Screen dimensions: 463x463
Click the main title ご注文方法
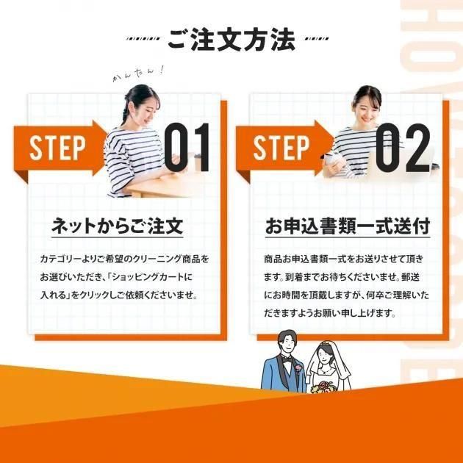tap(232, 39)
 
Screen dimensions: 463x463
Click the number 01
tap(187, 147)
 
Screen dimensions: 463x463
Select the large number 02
tap(403, 148)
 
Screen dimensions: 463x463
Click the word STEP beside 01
tap(57, 148)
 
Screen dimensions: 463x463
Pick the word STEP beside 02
tap(281, 148)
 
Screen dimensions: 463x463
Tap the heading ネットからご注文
tap(118, 226)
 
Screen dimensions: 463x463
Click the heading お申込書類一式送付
tap(348, 226)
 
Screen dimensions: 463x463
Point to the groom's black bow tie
tap(287, 359)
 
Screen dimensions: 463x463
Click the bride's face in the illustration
tap(324, 356)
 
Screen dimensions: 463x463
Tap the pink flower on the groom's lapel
tap(298, 368)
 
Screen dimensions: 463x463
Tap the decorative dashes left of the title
tap(143, 39)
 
